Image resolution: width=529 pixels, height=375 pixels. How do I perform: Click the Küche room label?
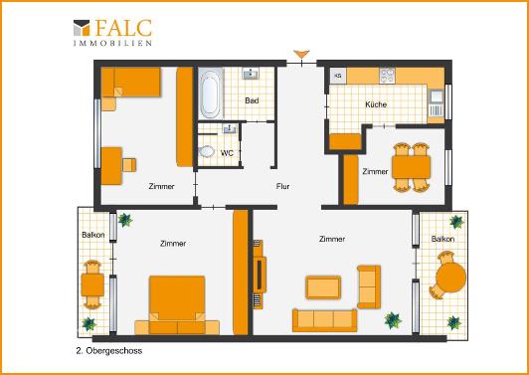(x=376, y=104)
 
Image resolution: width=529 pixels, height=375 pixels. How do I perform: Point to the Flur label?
(x=282, y=186)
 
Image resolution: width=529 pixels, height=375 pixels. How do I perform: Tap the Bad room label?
(x=253, y=101)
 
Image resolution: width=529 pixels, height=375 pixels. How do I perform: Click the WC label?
(x=227, y=153)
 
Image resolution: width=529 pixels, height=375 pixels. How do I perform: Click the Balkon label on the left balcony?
(x=93, y=235)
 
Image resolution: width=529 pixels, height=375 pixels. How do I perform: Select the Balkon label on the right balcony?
(x=442, y=240)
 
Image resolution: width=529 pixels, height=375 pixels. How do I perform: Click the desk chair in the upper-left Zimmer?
(x=128, y=165)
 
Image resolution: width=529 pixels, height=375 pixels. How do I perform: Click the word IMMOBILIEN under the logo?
(x=112, y=45)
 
